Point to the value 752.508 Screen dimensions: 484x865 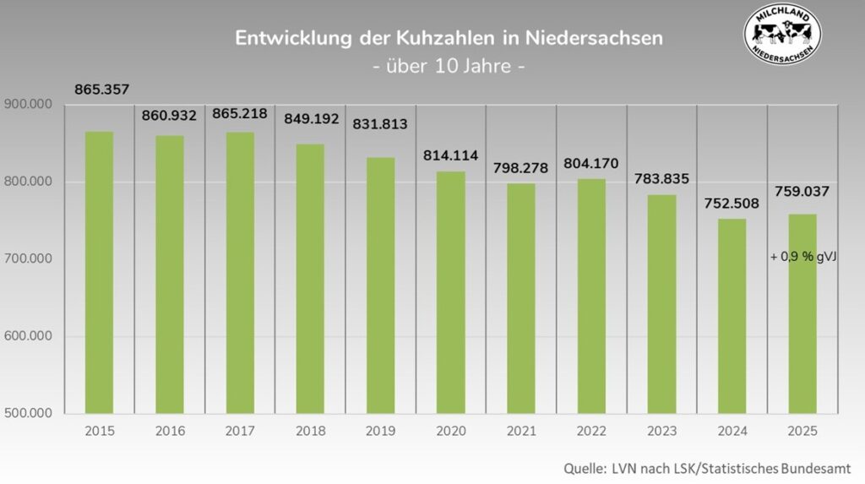[x=732, y=203]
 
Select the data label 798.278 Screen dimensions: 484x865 [x=520, y=168]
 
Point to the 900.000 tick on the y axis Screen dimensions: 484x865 [x=29, y=105]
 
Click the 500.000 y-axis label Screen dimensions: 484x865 [x=29, y=414]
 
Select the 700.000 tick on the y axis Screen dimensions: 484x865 [x=29, y=259]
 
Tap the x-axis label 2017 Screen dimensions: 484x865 [x=240, y=431]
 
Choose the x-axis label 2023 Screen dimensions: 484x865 [x=661, y=431]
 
